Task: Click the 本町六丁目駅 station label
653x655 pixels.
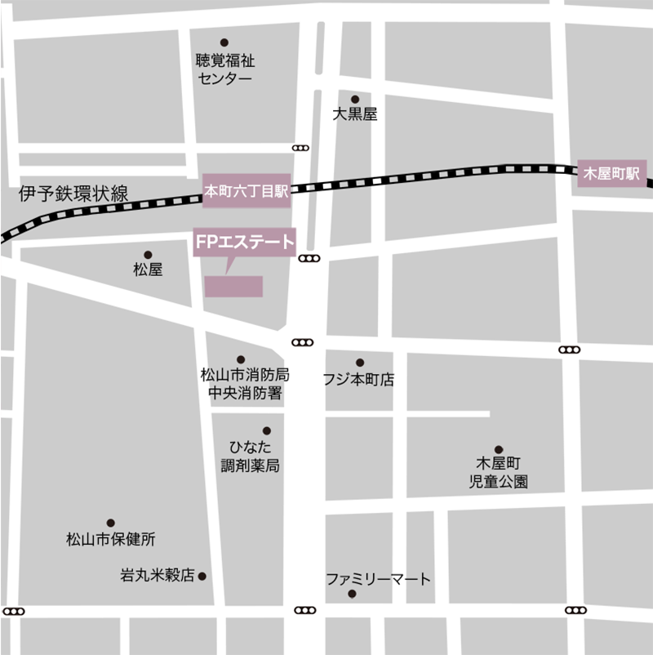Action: [x=247, y=191]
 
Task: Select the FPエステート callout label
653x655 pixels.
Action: [x=244, y=242]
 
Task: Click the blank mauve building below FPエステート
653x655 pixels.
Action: [x=233, y=287]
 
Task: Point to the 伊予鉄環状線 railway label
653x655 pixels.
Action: [x=74, y=194]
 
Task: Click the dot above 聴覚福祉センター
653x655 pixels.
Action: [x=224, y=42]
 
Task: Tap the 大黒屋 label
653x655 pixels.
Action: [x=355, y=115]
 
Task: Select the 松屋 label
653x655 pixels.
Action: [x=148, y=270]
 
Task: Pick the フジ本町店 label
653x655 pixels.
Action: [x=358, y=380]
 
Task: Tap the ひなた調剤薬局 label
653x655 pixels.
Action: [x=251, y=457]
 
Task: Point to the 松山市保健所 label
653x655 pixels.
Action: [x=111, y=539]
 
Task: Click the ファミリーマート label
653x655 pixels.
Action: [x=378, y=579]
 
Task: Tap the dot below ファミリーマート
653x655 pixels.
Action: [x=352, y=594]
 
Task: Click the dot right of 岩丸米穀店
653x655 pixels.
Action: [x=202, y=576]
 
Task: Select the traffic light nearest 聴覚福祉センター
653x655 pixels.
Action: [x=300, y=148]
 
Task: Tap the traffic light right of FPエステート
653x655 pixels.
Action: [x=309, y=259]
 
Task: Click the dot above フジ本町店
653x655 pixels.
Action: [x=360, y=363]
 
